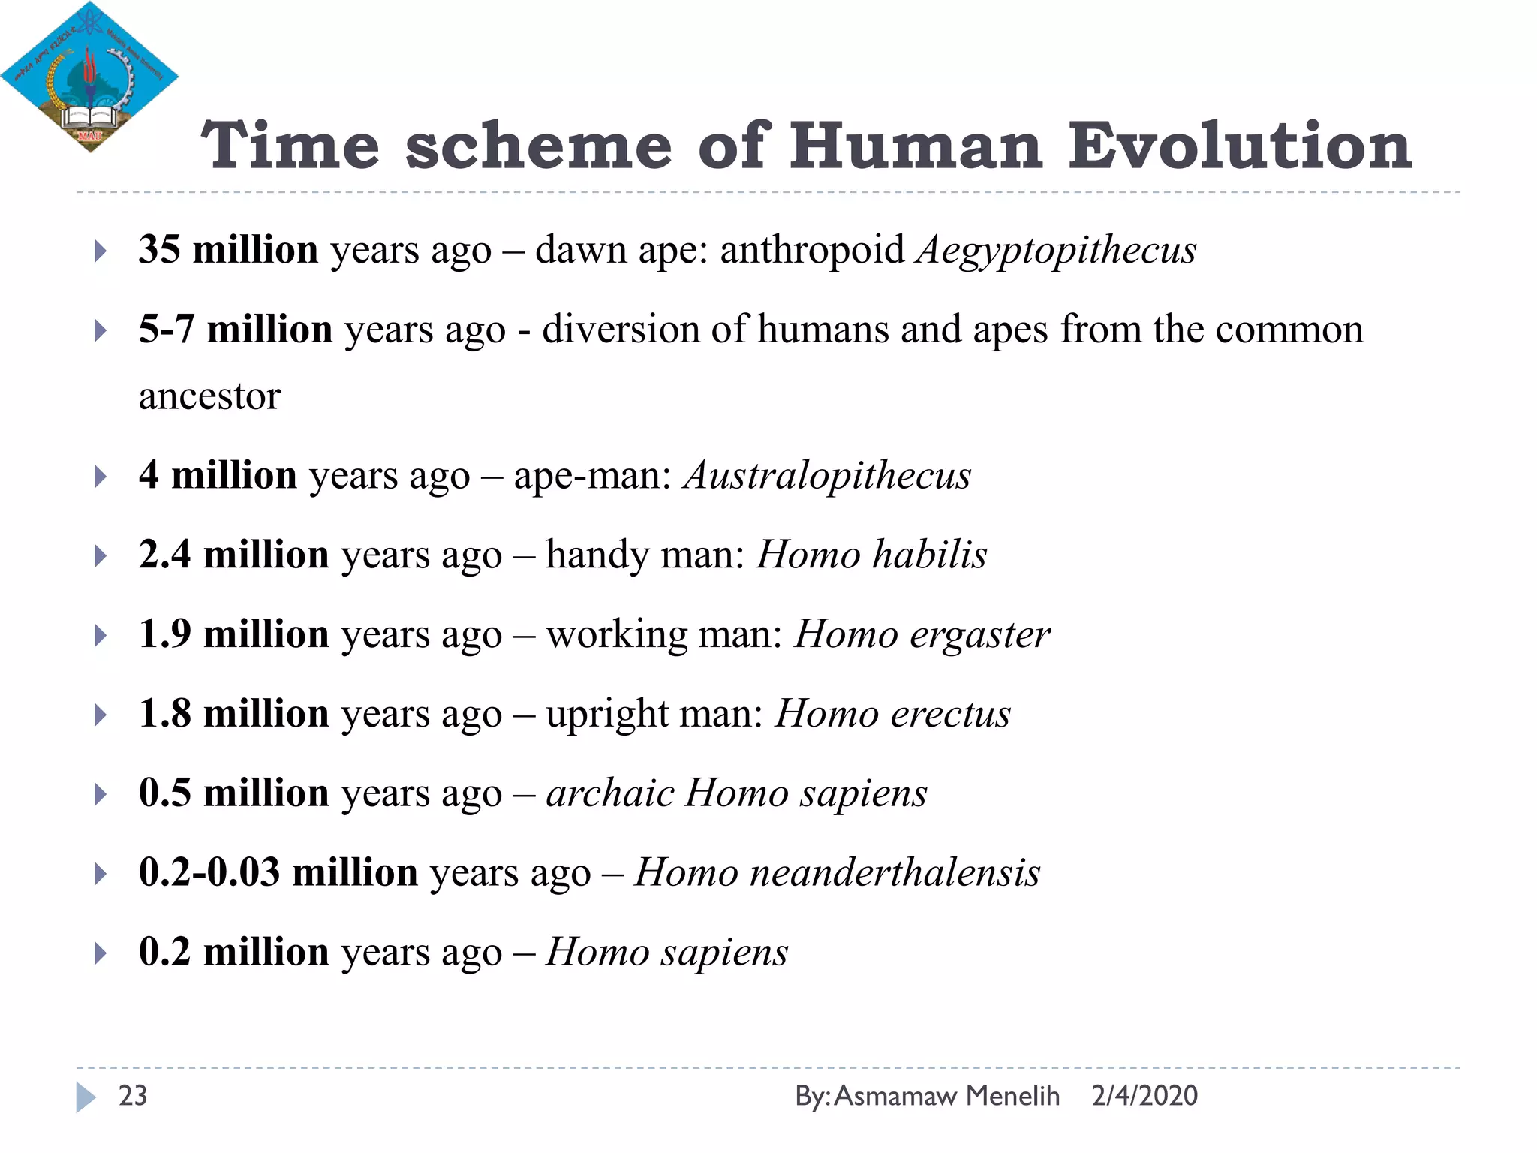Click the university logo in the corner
[89, 77]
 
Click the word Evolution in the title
[1240, 146]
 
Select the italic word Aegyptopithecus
[1056, 251]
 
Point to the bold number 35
[159, 249]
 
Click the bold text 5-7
[167, 329]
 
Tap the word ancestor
[209, 396]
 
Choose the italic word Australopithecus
[826, 476]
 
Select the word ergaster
[979, 635]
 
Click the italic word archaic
[610, 793]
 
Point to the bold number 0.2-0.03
[209, 873]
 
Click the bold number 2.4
[164, 555]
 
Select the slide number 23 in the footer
[133, 1096]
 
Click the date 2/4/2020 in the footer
[1144, 1096]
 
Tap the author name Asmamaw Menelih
[946, 1096]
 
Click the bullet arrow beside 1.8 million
[100, 715]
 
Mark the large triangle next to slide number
[85, 1097]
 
